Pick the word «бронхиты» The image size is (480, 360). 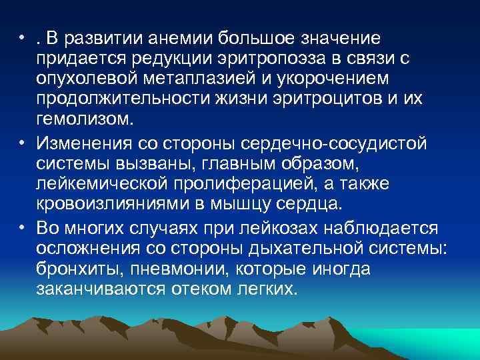[x=80, y=270]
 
